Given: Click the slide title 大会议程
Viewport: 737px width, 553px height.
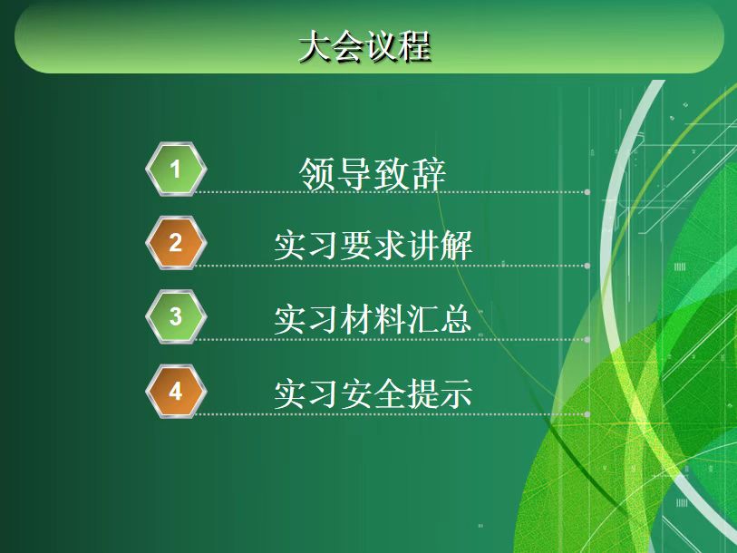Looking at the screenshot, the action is (x=364, y=46).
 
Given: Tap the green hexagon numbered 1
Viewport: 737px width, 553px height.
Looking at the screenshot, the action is (x=176, y=169).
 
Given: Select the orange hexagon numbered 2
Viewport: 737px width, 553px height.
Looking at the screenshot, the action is (x=176, y=243).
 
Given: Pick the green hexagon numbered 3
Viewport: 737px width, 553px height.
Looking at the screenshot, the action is (x=176, y=316).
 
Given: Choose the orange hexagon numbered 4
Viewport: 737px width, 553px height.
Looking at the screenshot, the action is (x=176, y=391).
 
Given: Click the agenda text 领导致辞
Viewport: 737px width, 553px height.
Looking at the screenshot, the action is (x=373, y=174).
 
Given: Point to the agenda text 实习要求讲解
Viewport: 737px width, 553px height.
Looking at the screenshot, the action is (x=373, y=246).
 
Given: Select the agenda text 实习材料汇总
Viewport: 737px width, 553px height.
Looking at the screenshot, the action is (x=373, y=320).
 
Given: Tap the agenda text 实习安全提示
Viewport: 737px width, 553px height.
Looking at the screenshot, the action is (x=373, y=394).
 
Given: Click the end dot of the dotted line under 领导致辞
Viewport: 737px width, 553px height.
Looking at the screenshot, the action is (x=587, y=192).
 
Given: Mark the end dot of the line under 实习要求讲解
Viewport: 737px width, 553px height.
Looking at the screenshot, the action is (x=587, y=266).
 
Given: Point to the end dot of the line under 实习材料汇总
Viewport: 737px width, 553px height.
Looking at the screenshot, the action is (x=587, y=340).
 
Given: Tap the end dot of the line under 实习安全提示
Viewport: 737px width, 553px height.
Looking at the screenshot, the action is (x=587, y=414).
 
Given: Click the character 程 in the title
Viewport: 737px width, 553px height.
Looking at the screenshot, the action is (x=415, y=46).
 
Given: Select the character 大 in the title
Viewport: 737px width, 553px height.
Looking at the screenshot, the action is (x=315, y=46).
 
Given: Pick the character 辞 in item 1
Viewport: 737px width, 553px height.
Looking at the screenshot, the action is (x=429, y=174).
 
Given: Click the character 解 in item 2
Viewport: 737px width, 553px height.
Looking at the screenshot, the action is (x=456, y=246).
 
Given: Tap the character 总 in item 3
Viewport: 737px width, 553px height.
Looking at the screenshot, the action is (x=456, y=320).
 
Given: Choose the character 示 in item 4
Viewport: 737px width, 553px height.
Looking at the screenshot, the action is (x=456, y=394).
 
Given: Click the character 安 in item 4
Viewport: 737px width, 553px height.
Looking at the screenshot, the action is (x=357, y=394).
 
